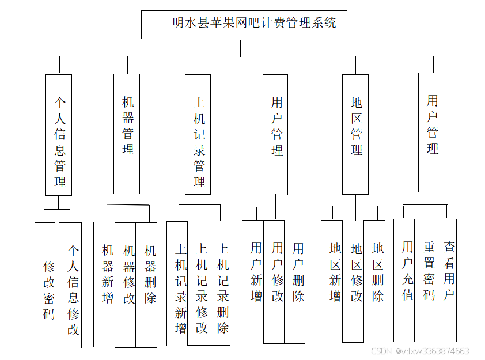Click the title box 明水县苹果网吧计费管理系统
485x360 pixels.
coord(244,24)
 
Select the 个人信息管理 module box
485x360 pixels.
coord(59,135)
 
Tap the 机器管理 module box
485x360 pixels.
coord(127,134)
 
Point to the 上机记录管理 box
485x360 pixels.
coord(198,134)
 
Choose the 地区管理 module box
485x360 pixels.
coord(355,134)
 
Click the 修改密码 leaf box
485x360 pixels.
coord(45,285)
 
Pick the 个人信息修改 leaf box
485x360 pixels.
coord(70,285)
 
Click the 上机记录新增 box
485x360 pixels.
coord(177,283)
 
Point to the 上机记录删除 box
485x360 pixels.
coord(219,283)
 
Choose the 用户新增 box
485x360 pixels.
coord(253,282)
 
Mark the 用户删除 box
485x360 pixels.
coord(295,282)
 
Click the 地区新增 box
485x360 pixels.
coord(332,282)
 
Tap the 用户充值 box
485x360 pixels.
coord(404,280)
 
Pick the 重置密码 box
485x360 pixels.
coord(425,280)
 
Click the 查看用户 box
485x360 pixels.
coord(446,280)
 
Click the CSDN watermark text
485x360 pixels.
coord(420,351)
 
